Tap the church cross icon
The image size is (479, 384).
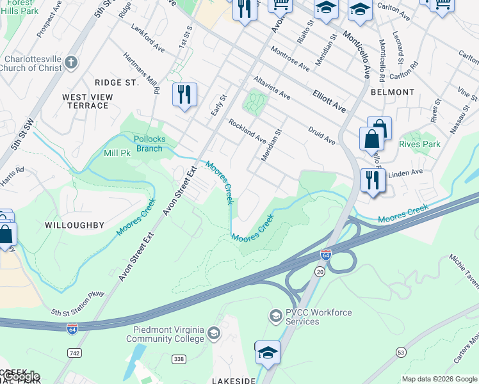[71, 63]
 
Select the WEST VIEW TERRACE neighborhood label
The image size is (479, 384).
[85, 101]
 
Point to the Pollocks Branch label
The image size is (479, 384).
[148, 144]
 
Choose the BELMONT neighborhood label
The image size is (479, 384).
[392, 92]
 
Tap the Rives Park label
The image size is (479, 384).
[419, 144]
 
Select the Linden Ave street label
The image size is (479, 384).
[407, 172]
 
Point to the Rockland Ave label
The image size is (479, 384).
[247, 131]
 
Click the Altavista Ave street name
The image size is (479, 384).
[272, 88]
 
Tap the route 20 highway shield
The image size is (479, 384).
[318, 272]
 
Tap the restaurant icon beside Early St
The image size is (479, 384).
[184, 95]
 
